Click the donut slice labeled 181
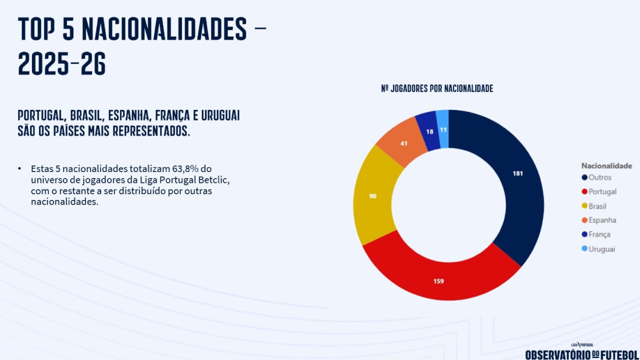[518, 174]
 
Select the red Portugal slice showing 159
[438, 281]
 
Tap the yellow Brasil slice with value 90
[373, 196]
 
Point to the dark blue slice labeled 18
[429, 131]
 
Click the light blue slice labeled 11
[443, 129]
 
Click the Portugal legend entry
[599, 191]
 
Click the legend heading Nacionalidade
[606, 165]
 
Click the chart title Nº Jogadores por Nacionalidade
[437, 88]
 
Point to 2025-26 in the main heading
[62, 64]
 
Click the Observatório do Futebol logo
[581, 353]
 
